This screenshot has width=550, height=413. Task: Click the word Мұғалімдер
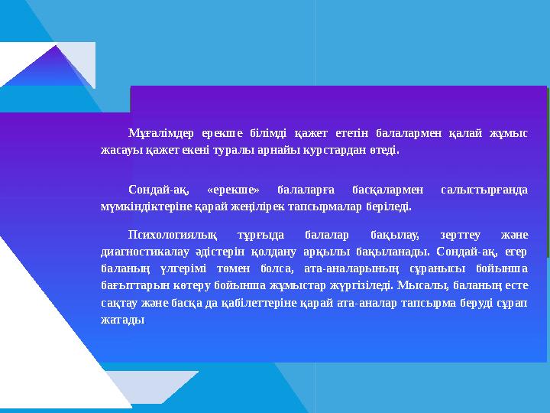point(151,132)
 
